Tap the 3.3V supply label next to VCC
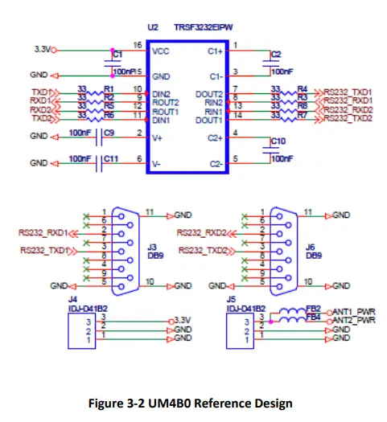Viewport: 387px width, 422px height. click(42, 49)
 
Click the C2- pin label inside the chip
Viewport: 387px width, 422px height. click(215, 163)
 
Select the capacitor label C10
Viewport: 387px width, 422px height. click(278, 141)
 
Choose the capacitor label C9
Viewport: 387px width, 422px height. click(109, 132)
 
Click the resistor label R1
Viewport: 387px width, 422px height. click(109, 87)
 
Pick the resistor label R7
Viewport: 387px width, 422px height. click(302, 118)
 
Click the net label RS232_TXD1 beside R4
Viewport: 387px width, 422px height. click(348, 92)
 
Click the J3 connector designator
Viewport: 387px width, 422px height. click(154, 248)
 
